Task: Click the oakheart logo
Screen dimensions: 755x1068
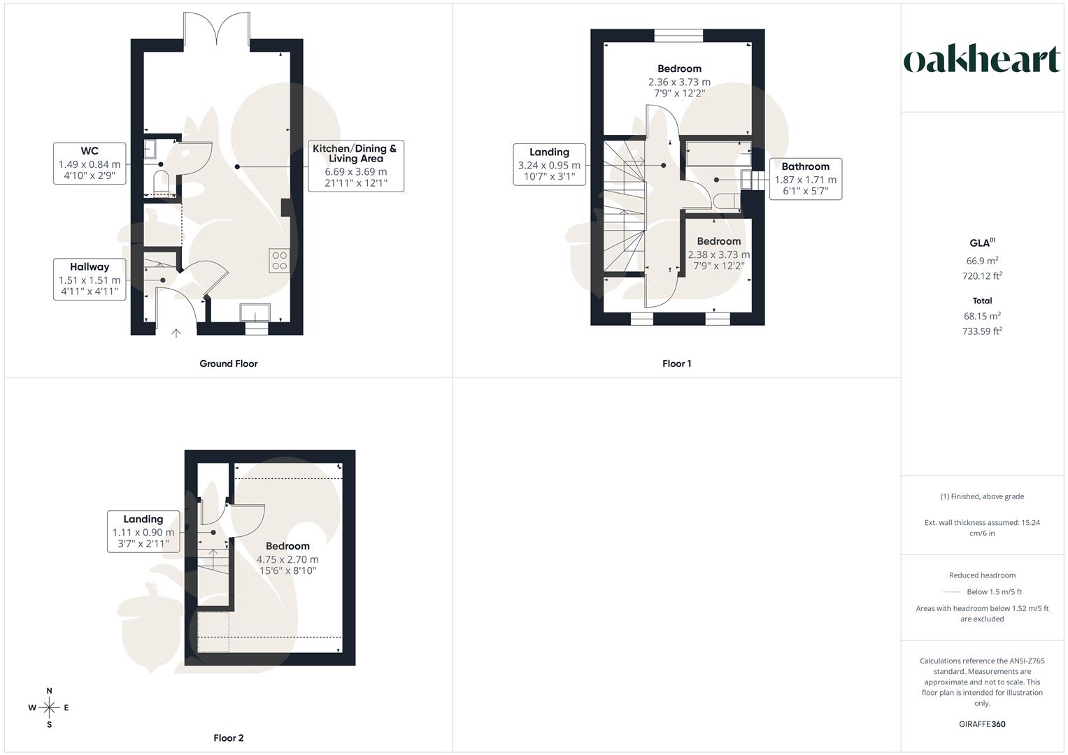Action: coord(982,60)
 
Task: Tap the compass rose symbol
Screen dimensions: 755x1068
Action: coord(49,707)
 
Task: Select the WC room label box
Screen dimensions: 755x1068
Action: coord(90,164)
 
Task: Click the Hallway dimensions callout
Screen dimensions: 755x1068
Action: coord(90,280)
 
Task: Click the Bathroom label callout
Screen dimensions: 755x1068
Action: coord(805,179)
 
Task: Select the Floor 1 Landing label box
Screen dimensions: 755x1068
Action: coord(549,164)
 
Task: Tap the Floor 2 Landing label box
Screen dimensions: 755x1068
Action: coord(143,531)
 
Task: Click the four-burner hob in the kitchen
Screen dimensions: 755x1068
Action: coord(279,261)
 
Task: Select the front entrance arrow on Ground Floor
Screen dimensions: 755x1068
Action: coord(176,333)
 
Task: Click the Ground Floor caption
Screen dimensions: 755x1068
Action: coord(229,364)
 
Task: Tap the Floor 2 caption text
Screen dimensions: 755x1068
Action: coord(229,738)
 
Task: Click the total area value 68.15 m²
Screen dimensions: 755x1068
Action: coord(982,316)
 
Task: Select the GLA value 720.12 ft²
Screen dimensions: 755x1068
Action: coord(982,276)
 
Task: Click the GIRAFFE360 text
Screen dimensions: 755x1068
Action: coord(982,724)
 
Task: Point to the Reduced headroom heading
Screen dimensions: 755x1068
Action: coord(982,575)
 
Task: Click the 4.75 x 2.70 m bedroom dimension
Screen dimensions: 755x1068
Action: coord(287,559)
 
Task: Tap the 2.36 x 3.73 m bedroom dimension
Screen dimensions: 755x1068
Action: coord(679,82)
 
